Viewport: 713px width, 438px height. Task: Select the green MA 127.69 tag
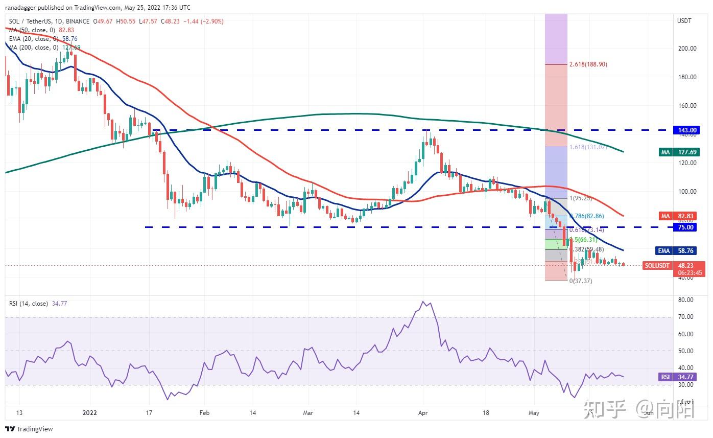[x=680, y=152]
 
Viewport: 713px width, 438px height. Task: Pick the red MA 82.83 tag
[x=680, y=217]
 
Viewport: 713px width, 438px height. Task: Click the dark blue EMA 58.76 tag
[x=680, y=251]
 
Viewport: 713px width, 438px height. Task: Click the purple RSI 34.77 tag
[x=680, y=377]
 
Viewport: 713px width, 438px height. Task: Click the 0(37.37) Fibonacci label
[x=581, y=281]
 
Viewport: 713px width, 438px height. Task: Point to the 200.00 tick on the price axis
[x=687, y=49]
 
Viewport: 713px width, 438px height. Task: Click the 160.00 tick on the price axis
[x=687, y=106]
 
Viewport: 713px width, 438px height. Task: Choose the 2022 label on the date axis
[x=90, y=412]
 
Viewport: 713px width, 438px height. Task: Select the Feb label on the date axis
[x=204, y=412]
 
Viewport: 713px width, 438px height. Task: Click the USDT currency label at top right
[x=684, y=21]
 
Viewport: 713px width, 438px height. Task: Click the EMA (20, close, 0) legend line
[x=34, y=39]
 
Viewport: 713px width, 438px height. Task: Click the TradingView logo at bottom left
[x=29, y=429]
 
